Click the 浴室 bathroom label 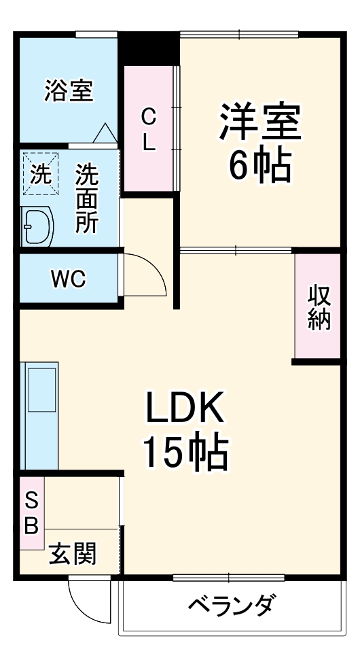[69, 90]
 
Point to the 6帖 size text [259, 164]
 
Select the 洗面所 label [86, 200]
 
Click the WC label [68, 279]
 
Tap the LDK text [183, 410]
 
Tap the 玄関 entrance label [72, 554]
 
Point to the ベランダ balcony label [232, 604]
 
